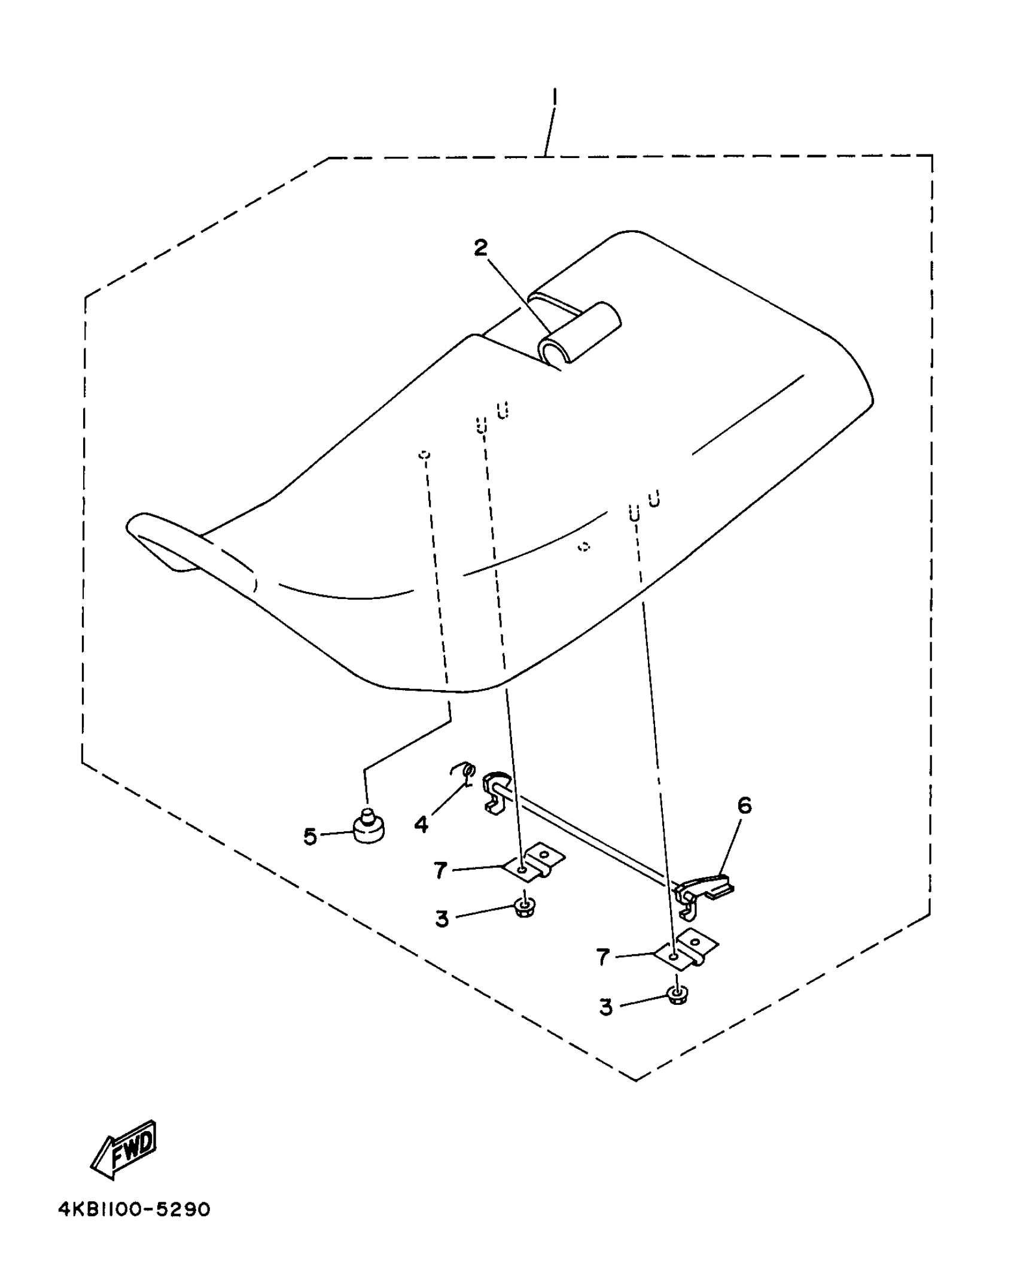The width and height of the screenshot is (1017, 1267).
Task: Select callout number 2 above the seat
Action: coord(480,248)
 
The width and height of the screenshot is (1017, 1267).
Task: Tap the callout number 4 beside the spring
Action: coord(421,825)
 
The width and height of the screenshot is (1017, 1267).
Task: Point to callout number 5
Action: coord(310,836)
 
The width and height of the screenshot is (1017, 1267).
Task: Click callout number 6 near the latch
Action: coord(744,806)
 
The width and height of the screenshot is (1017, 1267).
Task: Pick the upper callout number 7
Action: coord(441,870)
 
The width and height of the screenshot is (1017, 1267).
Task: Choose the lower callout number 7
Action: coord(603,957)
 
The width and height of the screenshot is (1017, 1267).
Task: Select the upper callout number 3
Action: coord(442,919)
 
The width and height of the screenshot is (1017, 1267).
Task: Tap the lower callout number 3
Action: coord(606,1007)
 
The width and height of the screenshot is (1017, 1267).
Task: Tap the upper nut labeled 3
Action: coord(525,909)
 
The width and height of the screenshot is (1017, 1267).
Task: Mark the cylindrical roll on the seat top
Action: coord(579,333)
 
